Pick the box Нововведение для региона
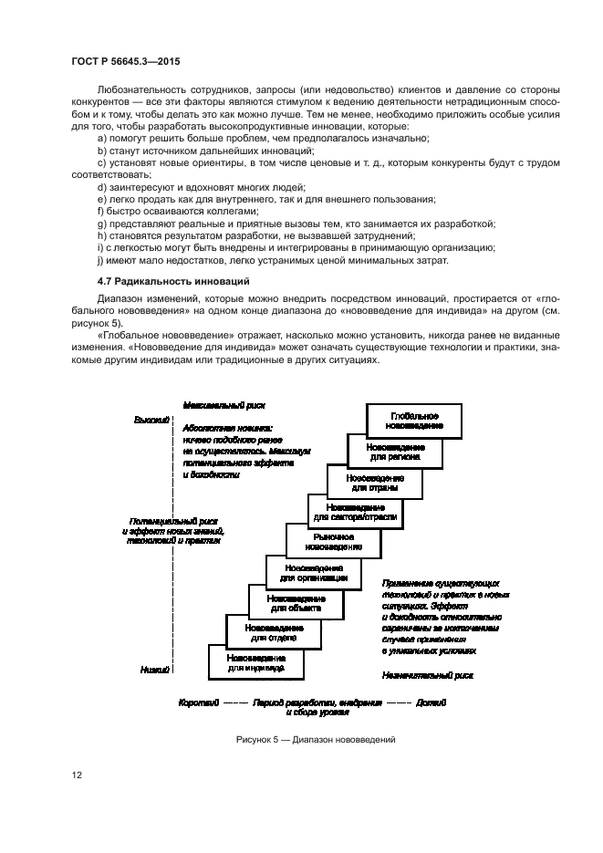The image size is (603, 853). point(395,452)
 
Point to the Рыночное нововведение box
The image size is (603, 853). point(333,543)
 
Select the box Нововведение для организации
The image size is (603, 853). point(313,572)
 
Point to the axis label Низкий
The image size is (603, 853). point(155,669)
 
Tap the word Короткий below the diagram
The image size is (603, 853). point(198,704)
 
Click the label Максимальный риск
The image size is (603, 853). point(224,404)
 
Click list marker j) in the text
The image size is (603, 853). point(100,260)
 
